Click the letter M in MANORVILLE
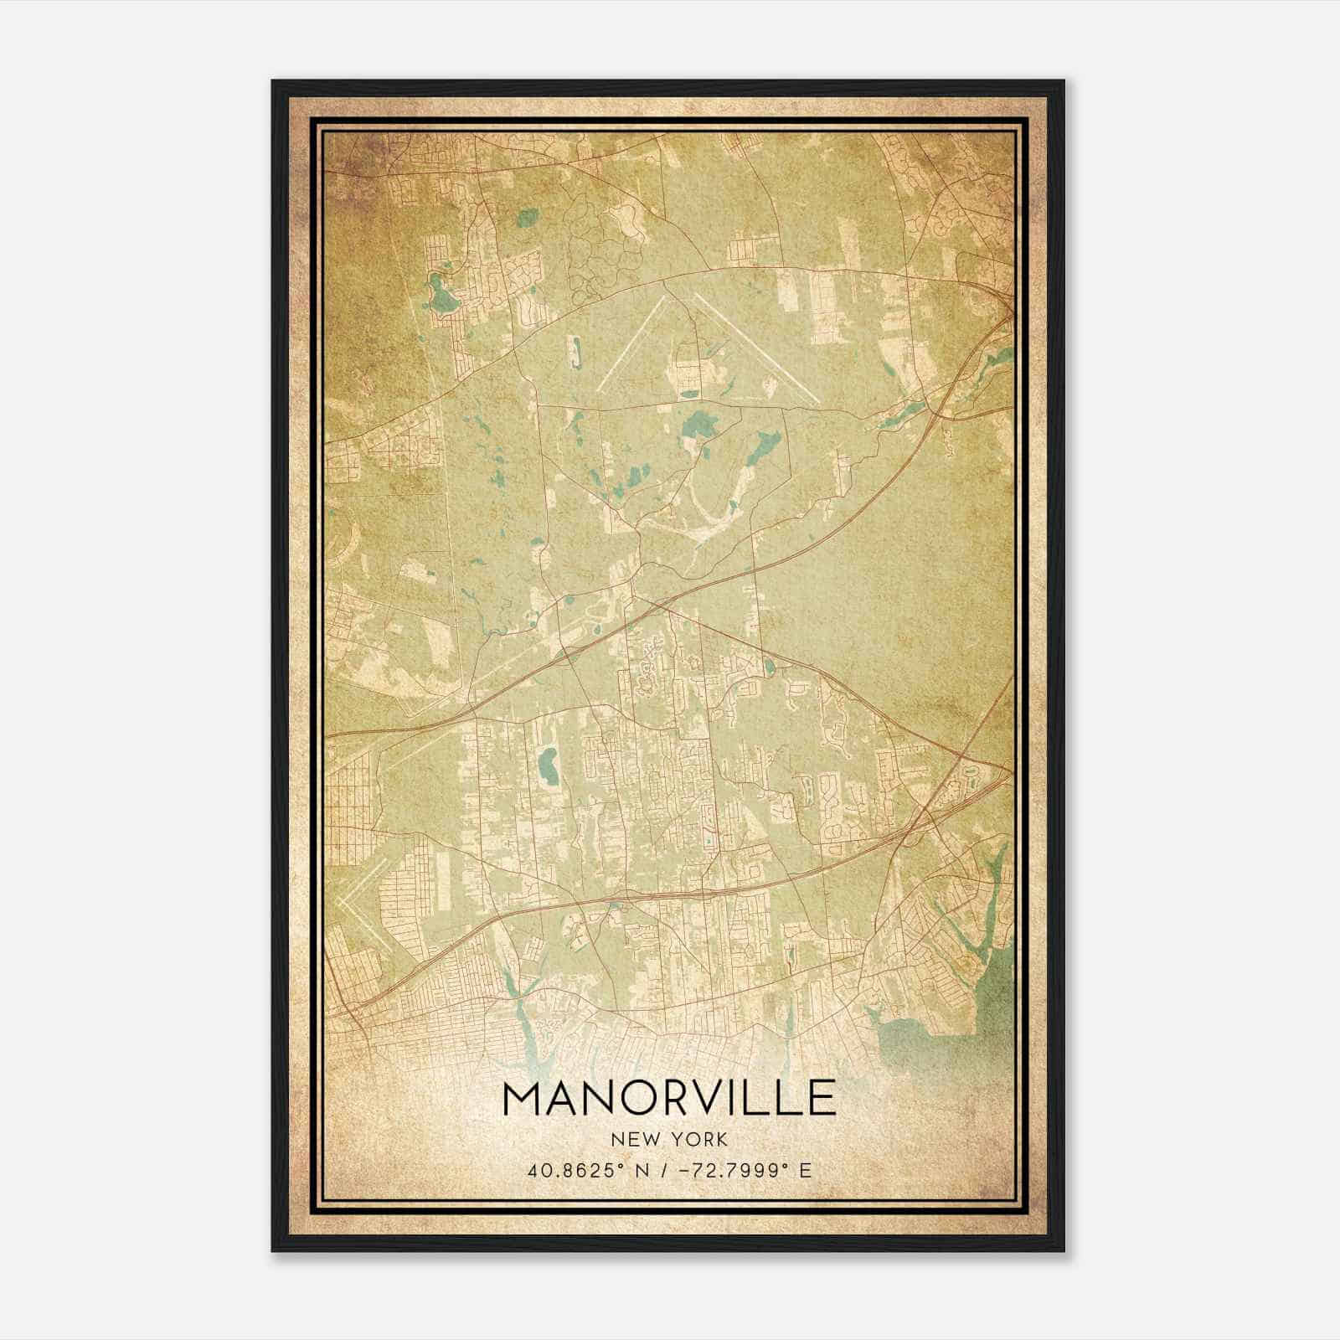click(523, 1099)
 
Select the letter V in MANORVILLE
click(717, 1099)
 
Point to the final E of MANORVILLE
click(824, 1099)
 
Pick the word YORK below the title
click(701, 1140)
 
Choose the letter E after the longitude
click(805, 1170)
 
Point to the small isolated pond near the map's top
click(526, 219)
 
